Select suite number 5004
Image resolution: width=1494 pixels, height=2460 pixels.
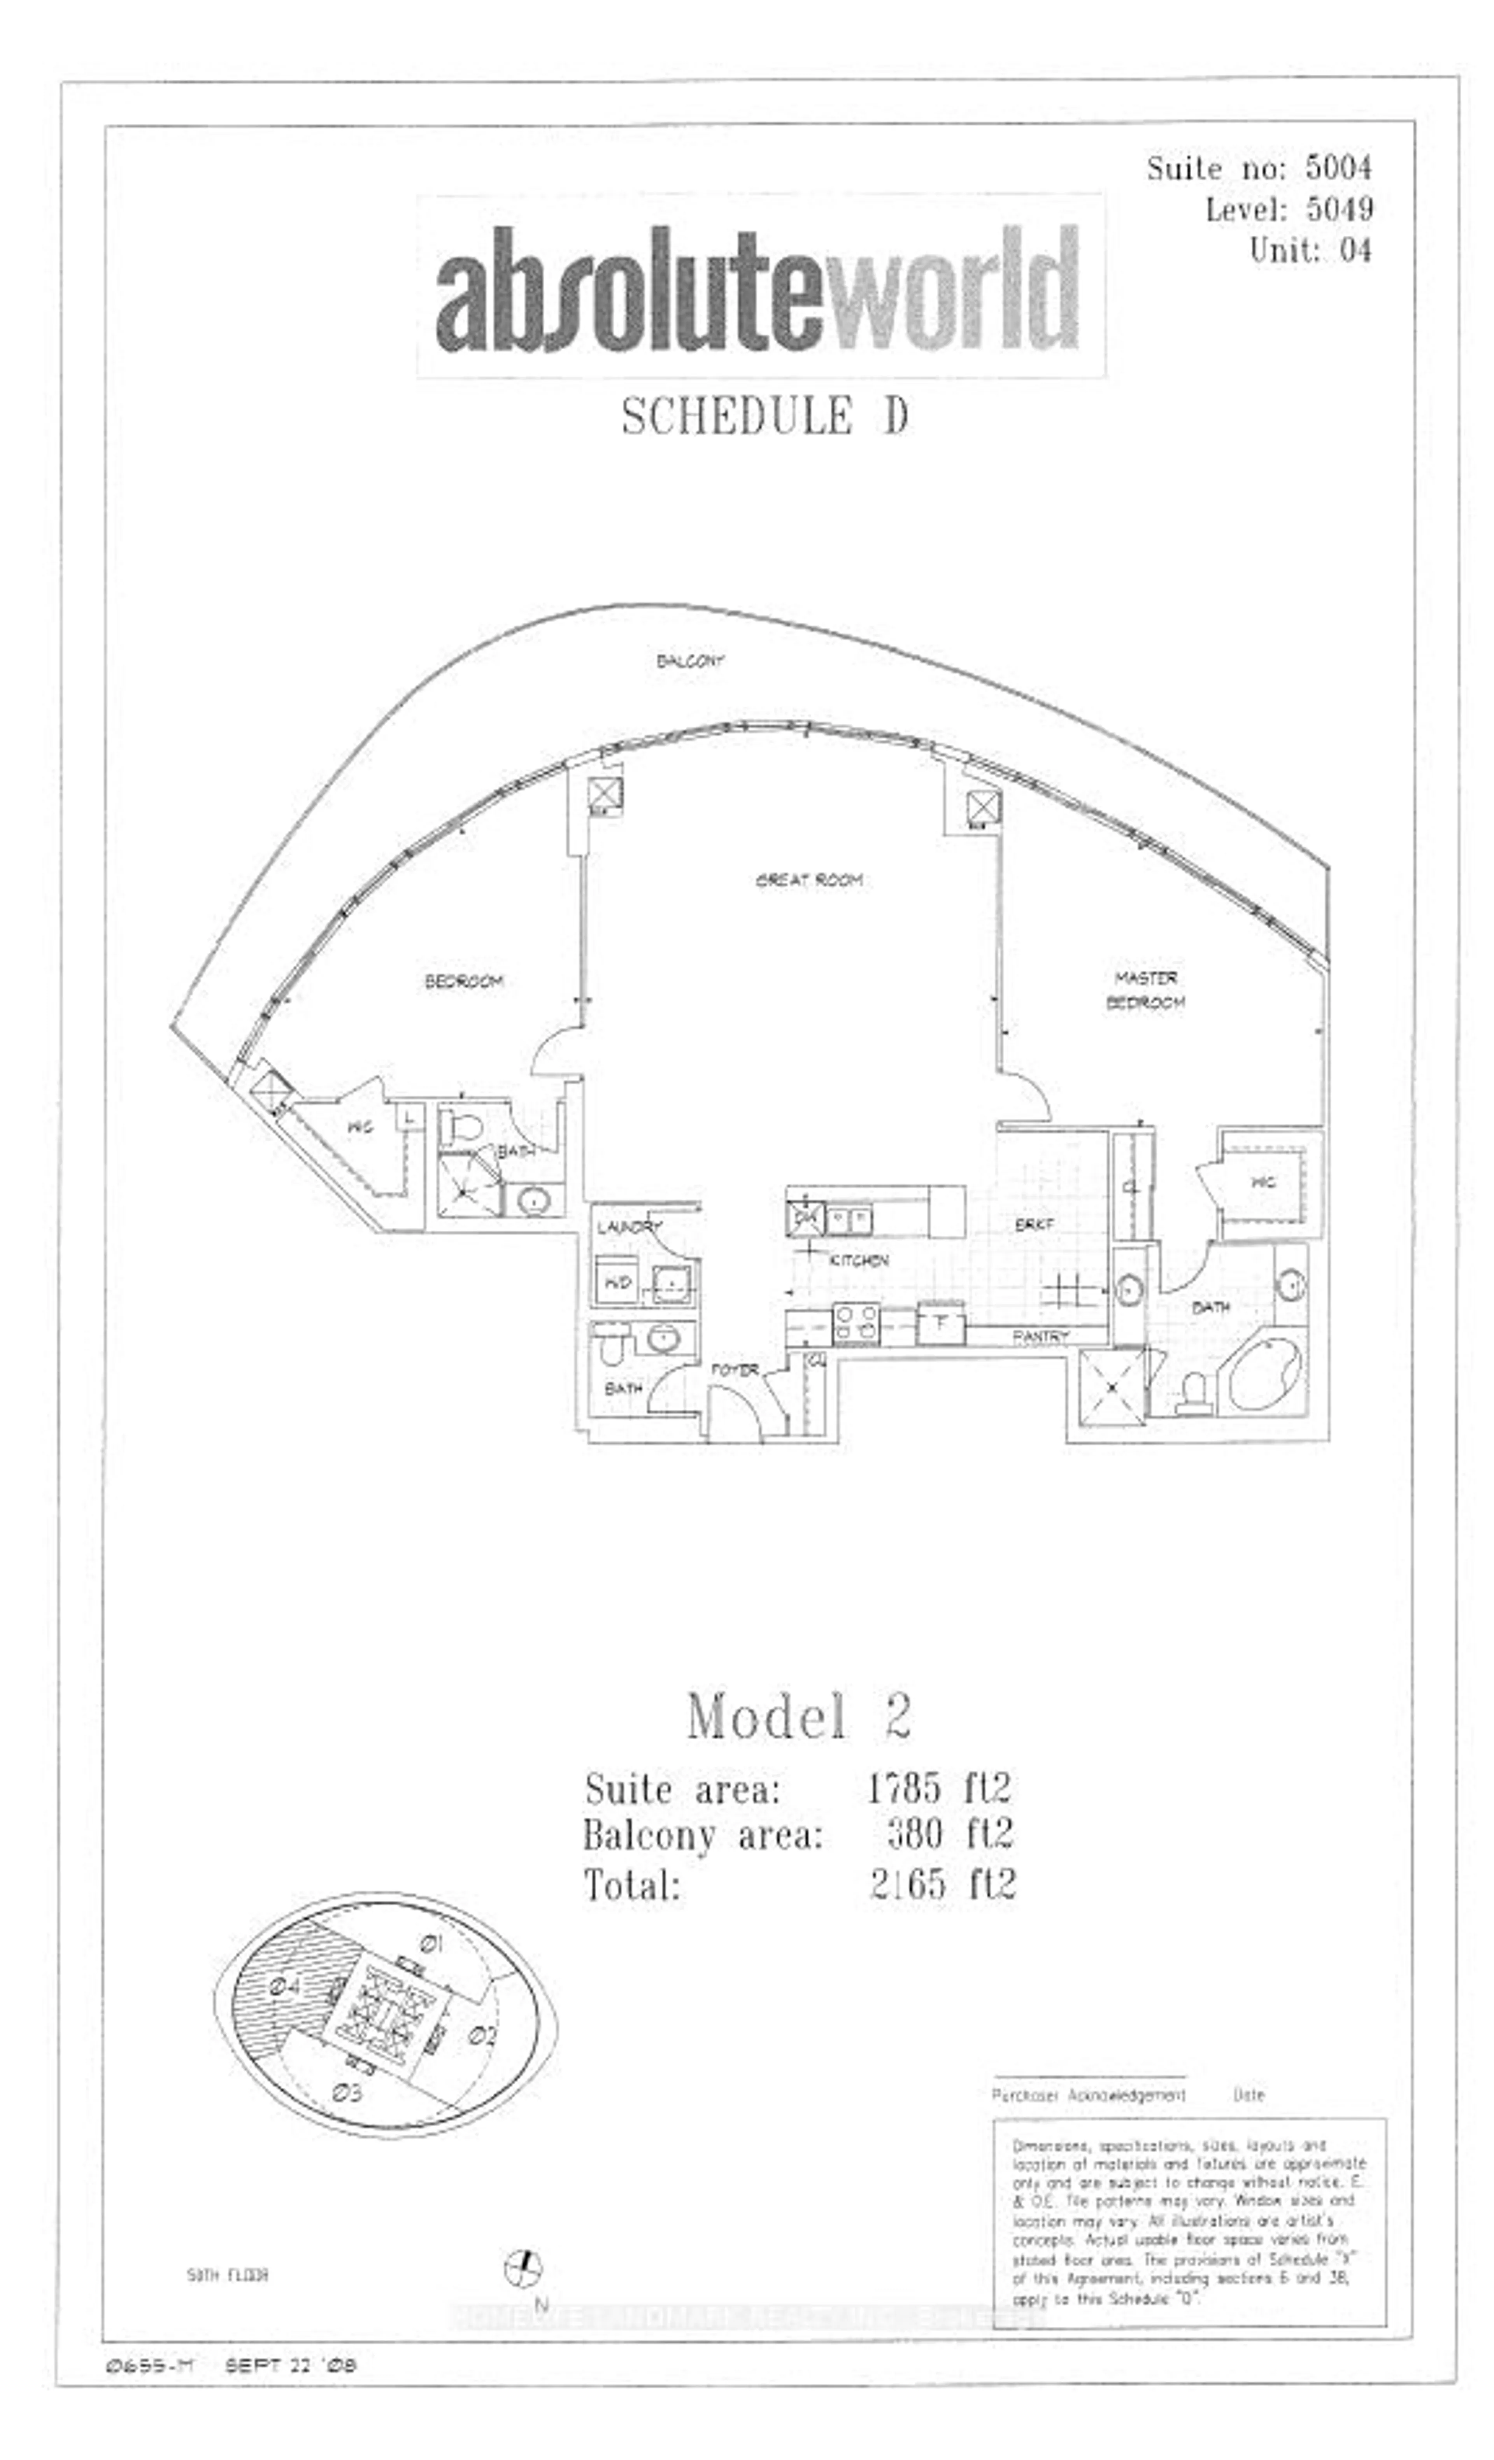pos(1338,168)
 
